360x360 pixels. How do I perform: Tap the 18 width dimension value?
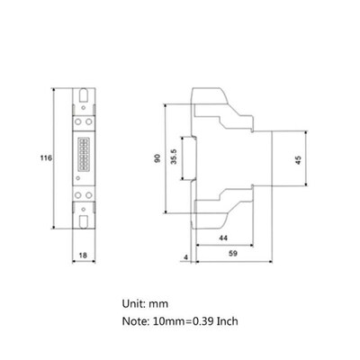coord(82,256)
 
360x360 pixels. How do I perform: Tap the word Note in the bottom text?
coord(137,320)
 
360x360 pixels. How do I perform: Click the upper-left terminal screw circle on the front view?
coord(77,119)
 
